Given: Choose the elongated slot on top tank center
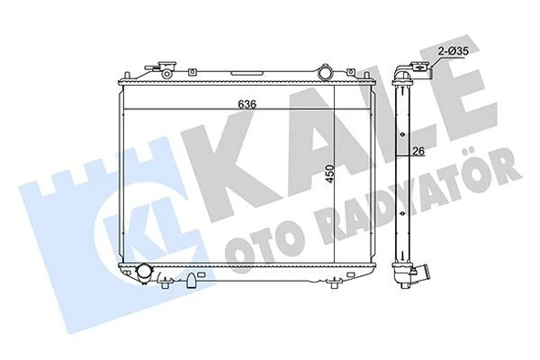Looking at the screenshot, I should pyautogui.click(x=247, y=73).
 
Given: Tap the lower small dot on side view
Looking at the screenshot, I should pyautogui.click(x=402, y=218).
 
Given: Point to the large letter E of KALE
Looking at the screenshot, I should pyautogui.click(x=473, y=108).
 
